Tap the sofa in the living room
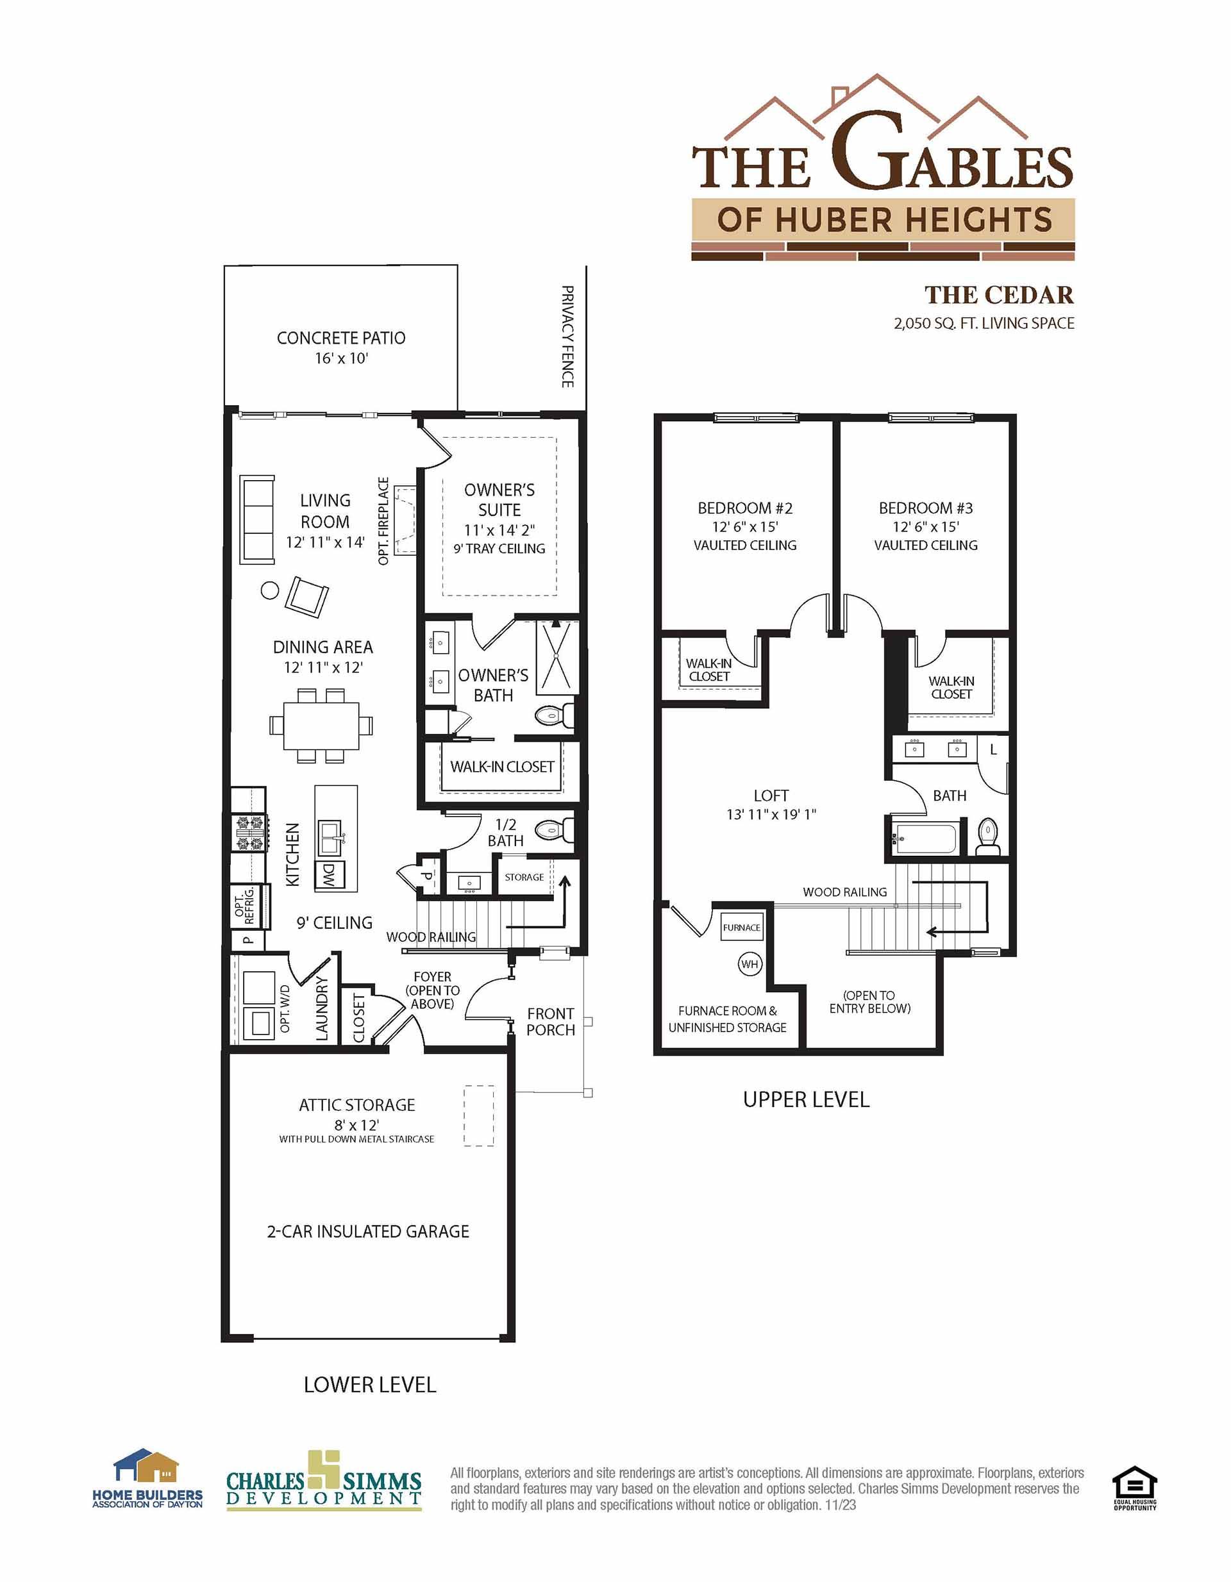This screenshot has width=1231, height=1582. point(257,519)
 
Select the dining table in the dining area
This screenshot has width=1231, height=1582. point(322,725)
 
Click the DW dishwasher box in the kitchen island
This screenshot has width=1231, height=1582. point(330,876)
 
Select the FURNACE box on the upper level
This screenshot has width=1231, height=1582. point(741,927)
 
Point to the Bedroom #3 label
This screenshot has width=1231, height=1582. point(925,508)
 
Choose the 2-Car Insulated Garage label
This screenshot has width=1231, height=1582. point(368,1231)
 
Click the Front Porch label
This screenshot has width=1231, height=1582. point(550,1021)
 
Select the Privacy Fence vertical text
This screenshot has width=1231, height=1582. point(567,336)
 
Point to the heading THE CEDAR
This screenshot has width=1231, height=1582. point(999,295)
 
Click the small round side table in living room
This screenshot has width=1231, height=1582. point(269,590)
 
